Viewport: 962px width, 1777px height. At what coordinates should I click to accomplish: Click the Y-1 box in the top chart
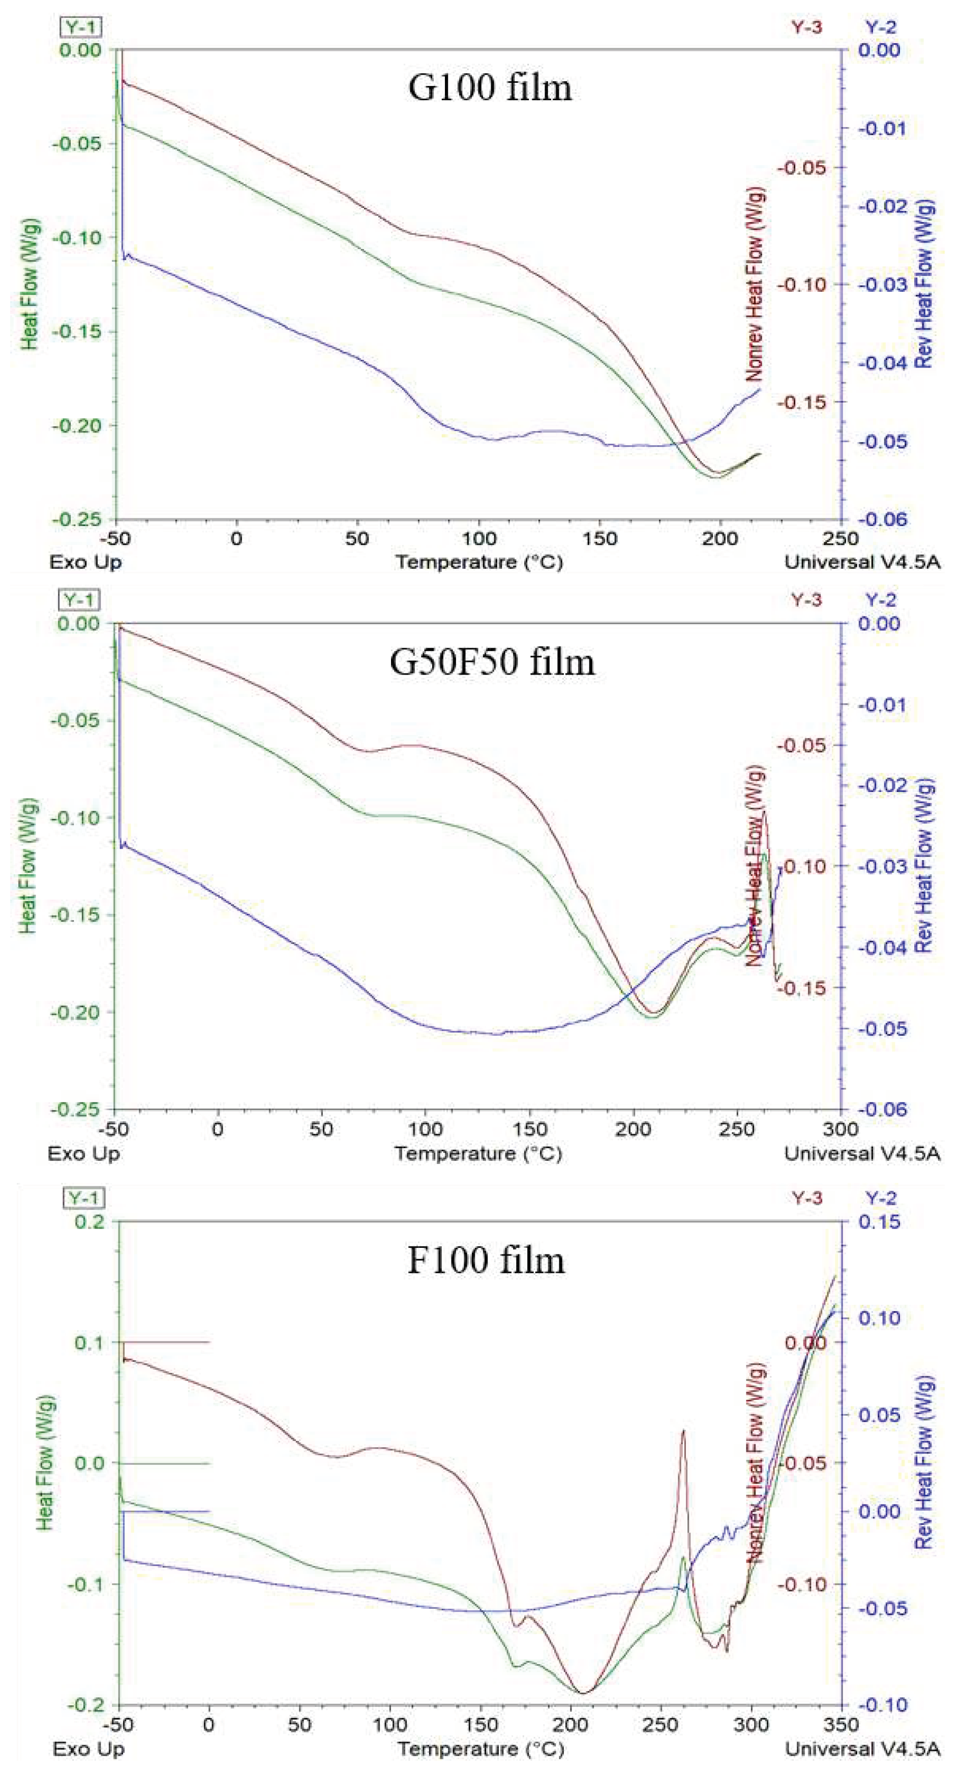81,27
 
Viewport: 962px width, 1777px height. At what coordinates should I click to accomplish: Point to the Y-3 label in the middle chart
806,600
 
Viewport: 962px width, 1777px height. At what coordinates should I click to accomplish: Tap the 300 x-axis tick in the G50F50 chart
841,1129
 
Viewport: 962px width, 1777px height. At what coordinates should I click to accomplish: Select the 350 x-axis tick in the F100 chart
841,1725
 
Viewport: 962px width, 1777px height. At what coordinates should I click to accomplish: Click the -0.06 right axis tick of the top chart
879,519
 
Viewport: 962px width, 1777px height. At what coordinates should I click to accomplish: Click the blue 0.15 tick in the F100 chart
879,1222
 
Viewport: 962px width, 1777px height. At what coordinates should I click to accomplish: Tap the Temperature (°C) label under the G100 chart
479,562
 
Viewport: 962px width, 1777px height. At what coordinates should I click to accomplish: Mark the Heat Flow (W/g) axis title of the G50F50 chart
27,867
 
